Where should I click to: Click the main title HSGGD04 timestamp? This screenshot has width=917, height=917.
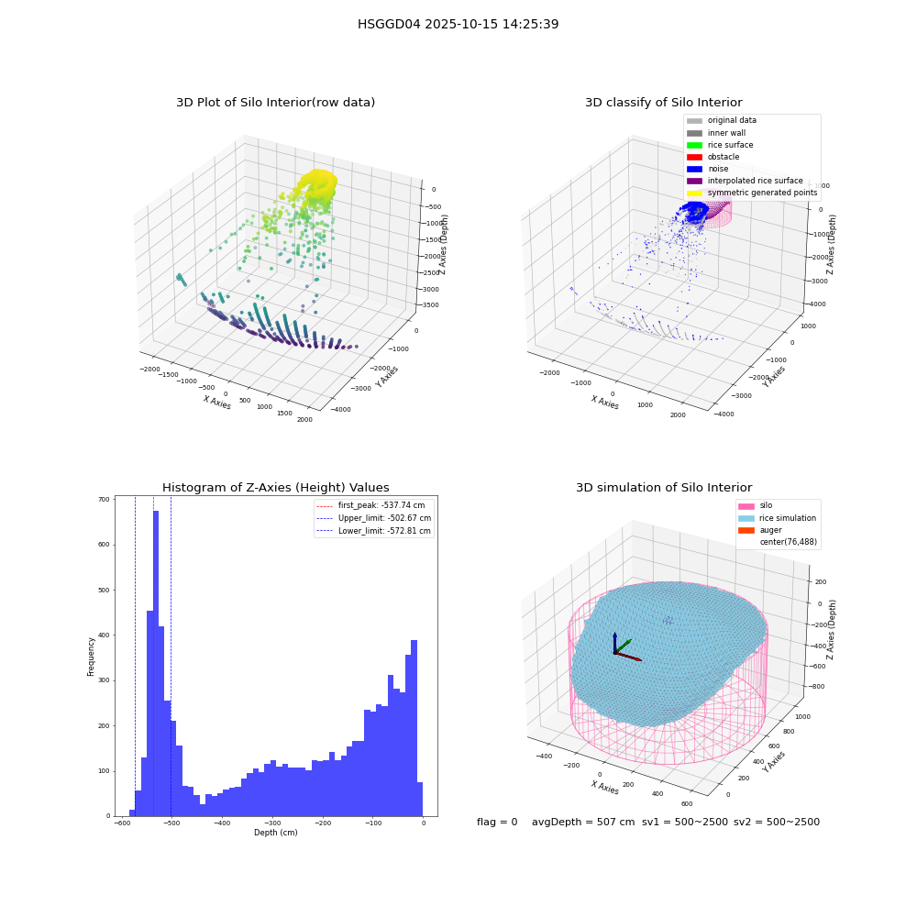pyautogui.click(x=458, y=24)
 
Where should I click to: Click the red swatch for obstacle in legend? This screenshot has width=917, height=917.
pyautogui.click(x=694, y=157)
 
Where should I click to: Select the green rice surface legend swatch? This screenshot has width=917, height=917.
pyautogui.click(x=694, y=145)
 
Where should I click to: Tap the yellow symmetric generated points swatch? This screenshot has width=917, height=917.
pyautogui.click(x=694, y=193)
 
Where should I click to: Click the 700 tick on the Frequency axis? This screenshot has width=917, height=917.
pyautogui.click(x=104, y=500)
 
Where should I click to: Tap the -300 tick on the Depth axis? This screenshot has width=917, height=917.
pyautogui.click(x=272, y=823)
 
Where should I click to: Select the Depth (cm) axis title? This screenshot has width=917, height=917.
pyautogui.click(x=275, y=833)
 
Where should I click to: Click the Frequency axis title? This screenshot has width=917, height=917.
pyautogui.click(x=91, y=657)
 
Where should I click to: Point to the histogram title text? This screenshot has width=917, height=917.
pyautogui.click(x=275, y=488)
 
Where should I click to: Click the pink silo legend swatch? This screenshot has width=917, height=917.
pyautogui.click(x=746, y=506)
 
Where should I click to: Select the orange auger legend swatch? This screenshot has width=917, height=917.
pyautogui.click(x=746, y=530)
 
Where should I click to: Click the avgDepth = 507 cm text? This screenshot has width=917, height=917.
pyautogui.click(x=583, y=822)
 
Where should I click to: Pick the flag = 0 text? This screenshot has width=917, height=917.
pyautogui.click(x=497, y=822)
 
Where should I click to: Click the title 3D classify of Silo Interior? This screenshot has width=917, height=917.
pyautogui.click(x=664, y=103)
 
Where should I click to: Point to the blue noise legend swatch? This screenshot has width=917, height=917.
pyautogui.click(x=694, y=169)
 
